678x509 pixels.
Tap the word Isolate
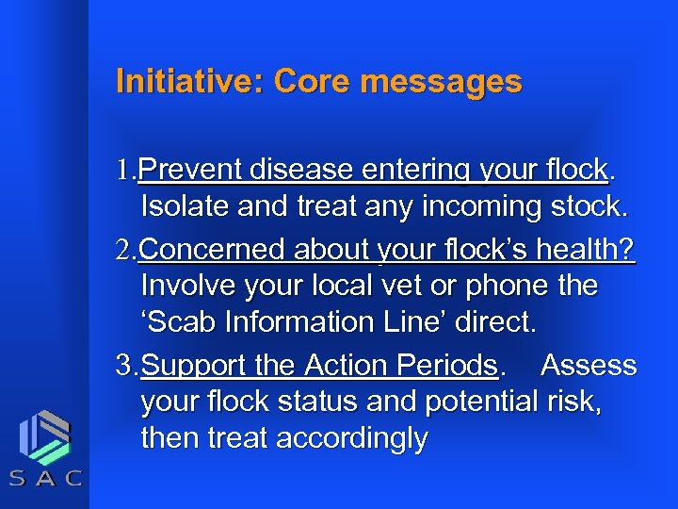185,206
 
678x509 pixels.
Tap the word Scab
182,322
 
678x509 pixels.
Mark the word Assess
589,365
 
